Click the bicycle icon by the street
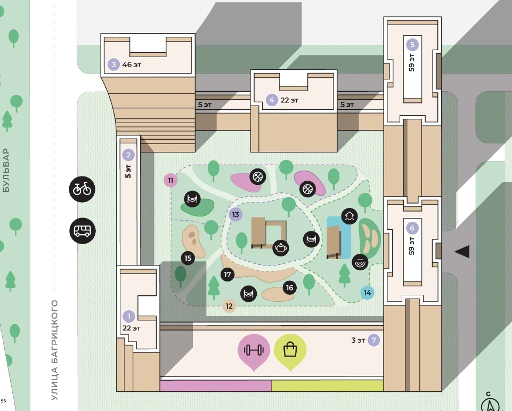[x=82, y=189]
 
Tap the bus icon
[x=83, y=231]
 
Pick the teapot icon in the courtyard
[x=280, y=248]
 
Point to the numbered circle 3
[x=113, y=65]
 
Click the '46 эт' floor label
[x=132, y=65]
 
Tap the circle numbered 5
[x=412, y=44]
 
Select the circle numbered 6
[x=412, y=228]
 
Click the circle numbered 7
[x=374, y=340]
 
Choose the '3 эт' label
[x=358, y=340]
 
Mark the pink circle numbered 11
[x=170, y=180]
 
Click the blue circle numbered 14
[x=367, y=293]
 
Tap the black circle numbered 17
[x=227, y=275]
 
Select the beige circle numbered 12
[x=229, y=306]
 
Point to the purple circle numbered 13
[x=235, y=215]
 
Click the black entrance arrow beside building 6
[x=462, y=252]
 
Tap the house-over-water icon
[x=350, y=216]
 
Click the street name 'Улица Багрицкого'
[x=54, y=350]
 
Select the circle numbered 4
[x=272, y=100]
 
